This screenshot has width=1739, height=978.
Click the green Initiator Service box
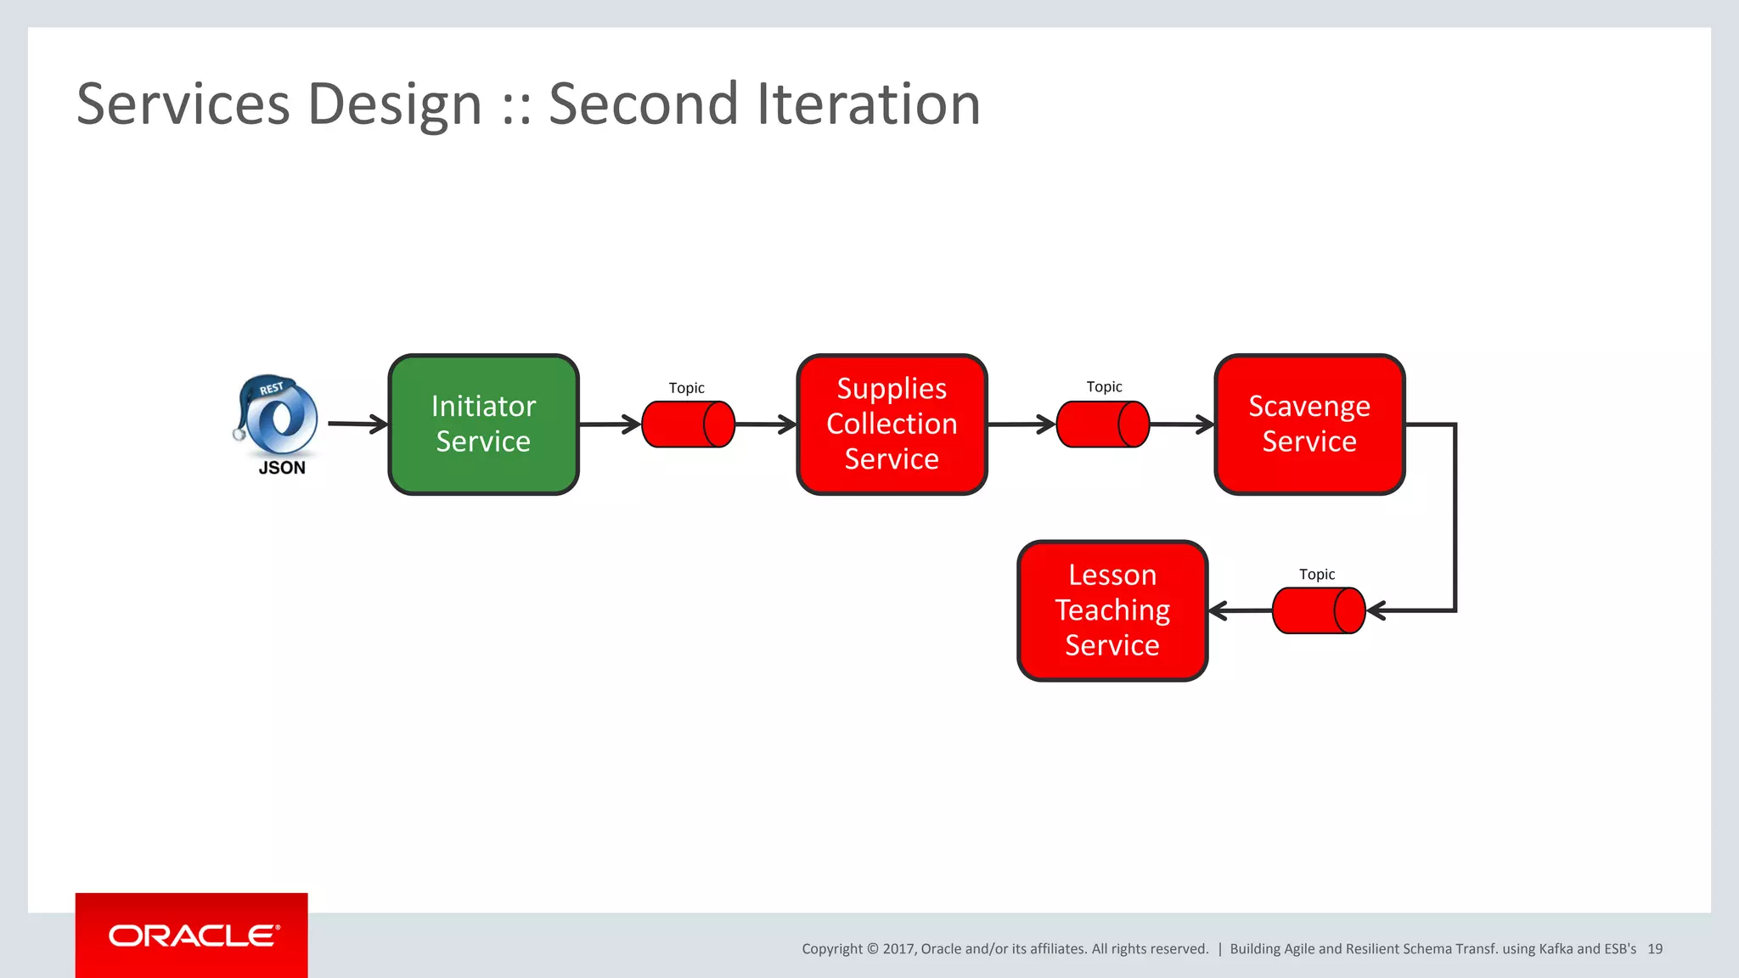click(483, 424)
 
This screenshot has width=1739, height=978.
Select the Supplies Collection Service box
click(892, 424)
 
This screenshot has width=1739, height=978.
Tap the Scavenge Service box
click(1308, 424)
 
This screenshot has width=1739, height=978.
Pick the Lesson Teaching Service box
click(1111, 610)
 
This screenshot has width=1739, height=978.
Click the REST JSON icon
click(278, 417)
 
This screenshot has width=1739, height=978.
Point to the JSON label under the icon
click(282, 468)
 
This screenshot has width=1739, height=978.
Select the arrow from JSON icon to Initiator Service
click(357, 424)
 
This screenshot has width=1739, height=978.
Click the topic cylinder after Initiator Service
click(688, 424)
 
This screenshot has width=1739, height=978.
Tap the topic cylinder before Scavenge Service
click(1102, 424)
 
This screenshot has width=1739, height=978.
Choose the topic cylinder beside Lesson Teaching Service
click(1318, 610)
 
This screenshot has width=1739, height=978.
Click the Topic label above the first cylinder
click(686, 388)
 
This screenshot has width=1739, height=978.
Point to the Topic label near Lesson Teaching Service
click(1317, 575)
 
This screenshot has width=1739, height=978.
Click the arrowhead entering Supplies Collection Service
click(787, 424)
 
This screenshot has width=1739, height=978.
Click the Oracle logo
click(192, 936)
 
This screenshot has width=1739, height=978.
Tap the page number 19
click(1655, 949)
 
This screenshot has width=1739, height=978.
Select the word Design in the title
click(395, 104)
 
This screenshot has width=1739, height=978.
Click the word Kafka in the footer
click(1556, 949)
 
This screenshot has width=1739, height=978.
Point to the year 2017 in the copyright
click(898, 949)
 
